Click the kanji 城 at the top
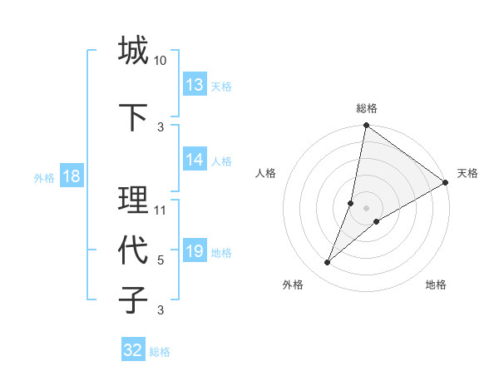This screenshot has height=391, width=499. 133,51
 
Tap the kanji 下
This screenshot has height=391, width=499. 133,117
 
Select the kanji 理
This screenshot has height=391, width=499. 133,200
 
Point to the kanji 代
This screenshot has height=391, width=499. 133,250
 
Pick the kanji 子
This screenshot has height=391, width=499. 133,299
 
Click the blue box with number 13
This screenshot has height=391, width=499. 195,85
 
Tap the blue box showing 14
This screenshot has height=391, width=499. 195,160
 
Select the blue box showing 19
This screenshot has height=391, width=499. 195,251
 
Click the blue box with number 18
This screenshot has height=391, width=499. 71,176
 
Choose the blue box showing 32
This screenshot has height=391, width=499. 133,350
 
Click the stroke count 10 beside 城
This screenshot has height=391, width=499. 161,61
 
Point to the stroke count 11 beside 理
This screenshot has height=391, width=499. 161,210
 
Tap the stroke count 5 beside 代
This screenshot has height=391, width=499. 161,260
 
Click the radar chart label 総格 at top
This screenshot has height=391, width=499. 367,108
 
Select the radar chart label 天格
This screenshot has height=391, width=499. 467,173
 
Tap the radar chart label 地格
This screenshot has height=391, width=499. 436,285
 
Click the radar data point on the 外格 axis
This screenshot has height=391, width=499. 328,263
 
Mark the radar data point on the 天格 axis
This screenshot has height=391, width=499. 446,183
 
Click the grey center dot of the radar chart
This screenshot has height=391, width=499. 367,208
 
